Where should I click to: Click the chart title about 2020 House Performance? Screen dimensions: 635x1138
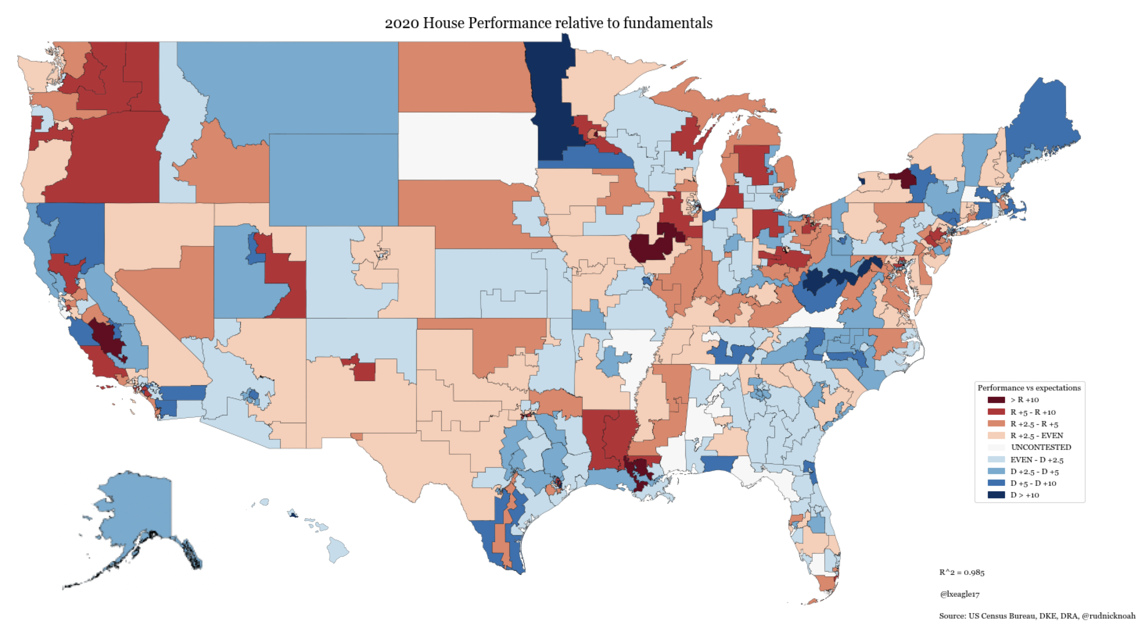pyautogui.click(x=548, y=23)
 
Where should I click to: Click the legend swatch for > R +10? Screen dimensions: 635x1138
pyautogui.click(x=996, y=400)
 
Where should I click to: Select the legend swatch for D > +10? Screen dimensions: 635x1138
pyautogui.click(x=996, y=495)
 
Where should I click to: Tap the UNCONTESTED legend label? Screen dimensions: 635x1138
pyautogui.click(x=1041, y=448)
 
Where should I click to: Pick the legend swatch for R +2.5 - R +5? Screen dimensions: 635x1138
pyautogui.click(x=996, y=424)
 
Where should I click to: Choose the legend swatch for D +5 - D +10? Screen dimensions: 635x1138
pyautogui.click(x=996, y=483)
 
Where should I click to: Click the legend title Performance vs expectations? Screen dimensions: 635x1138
pyautogui.click(x=1029, y=388)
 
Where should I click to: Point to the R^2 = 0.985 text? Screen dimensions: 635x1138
pyautogui.click(x=962, y=573)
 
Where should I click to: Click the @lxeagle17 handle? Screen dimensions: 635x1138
pyautogui.click(x=960, y=594)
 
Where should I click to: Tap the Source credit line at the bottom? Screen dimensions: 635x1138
pyautogui.click(x=1036, y=616)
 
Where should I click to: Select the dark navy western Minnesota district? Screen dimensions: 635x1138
pyautogui.click(x=550, y=97)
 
